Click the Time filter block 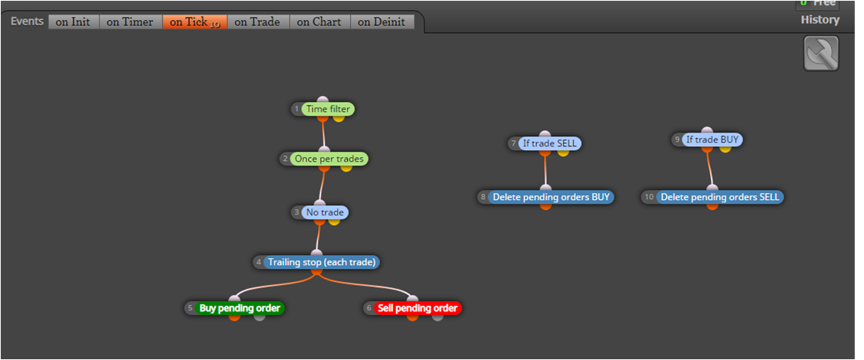tap(328, 110)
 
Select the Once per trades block tap(329, 159)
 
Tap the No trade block tap(325, 212)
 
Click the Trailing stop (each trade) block tap(322, 263)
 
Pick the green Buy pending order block tap(240, 308)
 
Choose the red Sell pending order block tap(417, 308)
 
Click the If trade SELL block tap(550, 143)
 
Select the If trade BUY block tap(712, 139)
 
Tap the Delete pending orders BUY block tap(551, 197)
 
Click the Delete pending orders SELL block tap(720, 197)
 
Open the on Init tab tap(74, 22)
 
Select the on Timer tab tap(130, 22)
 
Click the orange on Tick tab tap(195, 22)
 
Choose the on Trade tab tap(258, 22)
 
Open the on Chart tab tap(319, 22)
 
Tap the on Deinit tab tap(382, 22)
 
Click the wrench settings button tap(821, 54)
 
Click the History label tap(820, 20)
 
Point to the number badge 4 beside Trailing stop tap(258, 263)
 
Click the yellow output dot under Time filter tap(339, 117)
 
